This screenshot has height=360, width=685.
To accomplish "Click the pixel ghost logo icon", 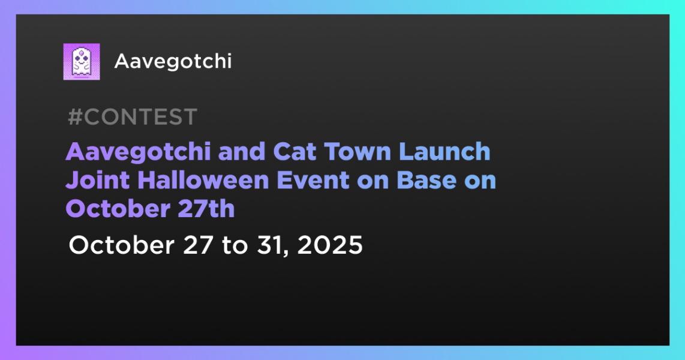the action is point(82,62).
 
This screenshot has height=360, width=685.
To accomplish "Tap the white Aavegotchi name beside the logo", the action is point(173,62).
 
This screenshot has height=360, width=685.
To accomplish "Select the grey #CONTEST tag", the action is point(133,117).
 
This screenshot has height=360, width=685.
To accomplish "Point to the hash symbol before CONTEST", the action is point(75,117).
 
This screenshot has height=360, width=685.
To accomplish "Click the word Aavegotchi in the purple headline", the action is point(139,152).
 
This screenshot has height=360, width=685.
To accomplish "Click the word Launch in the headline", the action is point(444,152).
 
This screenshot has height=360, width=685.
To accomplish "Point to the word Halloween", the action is point(203,180).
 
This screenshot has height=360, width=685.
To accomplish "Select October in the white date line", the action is point(122,245).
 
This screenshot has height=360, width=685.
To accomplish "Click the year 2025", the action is point(330,245).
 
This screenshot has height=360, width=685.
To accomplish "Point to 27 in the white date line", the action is point(199,245).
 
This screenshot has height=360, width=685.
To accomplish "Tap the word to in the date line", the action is point(236,245).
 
